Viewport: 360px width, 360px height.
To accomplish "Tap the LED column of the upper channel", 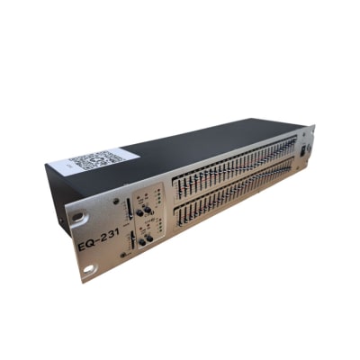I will (158, 195).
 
